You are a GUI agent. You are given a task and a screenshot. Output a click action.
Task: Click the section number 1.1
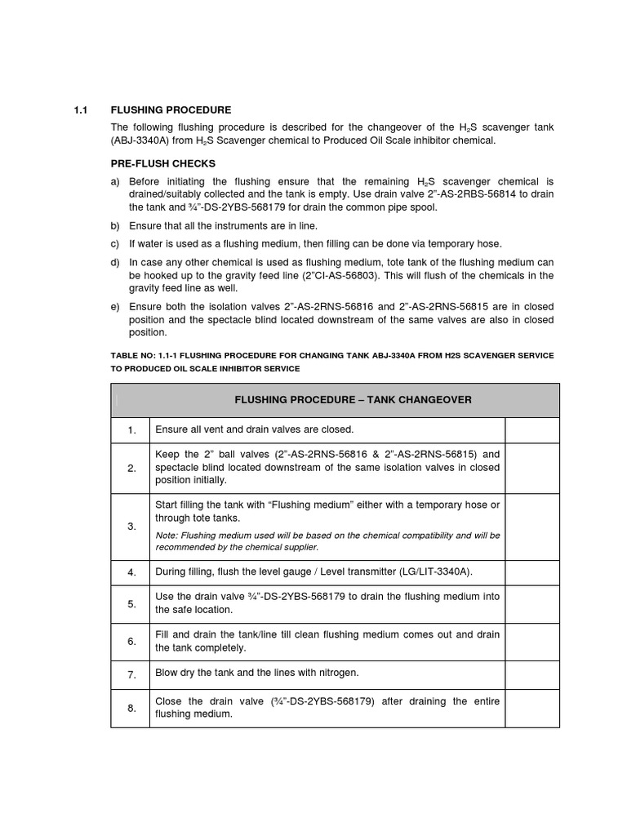79,109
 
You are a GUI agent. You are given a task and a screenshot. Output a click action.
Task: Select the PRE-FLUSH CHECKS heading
163,163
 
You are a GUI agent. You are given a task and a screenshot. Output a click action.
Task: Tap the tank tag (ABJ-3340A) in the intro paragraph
139,140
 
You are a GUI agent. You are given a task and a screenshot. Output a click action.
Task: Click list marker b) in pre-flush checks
115,225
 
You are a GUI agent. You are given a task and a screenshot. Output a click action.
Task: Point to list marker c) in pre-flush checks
115,244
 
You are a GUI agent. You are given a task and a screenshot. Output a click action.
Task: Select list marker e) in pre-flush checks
115,307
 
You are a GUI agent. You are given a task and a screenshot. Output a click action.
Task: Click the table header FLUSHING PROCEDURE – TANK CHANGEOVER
353,400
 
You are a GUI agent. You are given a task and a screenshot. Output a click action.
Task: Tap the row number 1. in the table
131,430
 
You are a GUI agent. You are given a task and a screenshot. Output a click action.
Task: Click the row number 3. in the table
131,527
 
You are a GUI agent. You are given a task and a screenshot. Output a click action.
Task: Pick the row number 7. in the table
131,674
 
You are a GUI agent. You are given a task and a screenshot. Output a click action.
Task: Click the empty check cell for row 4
531,571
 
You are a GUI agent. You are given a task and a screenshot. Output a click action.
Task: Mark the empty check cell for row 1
531,430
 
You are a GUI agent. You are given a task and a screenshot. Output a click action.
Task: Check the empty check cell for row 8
531,708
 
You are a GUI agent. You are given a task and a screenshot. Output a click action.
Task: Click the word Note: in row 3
167,536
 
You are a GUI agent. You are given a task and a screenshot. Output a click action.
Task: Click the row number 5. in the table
131,604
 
